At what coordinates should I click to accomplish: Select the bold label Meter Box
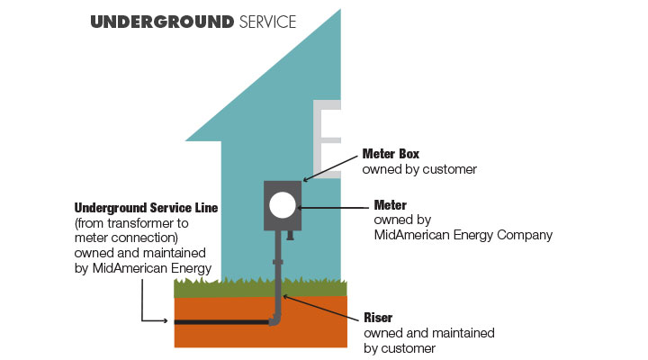click(x=391, y=153)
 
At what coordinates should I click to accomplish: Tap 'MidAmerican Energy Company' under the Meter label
click(x=463, y=235)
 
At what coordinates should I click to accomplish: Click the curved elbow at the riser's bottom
click(x=275, y=319)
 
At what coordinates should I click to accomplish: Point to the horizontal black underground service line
click(x=221, y=321)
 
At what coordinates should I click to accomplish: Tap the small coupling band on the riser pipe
click(x=277, y=262)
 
